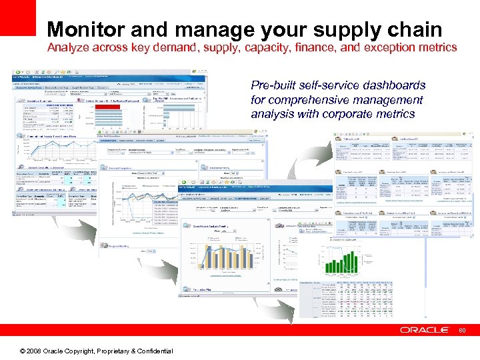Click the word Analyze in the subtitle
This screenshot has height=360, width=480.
(x=70, y=48)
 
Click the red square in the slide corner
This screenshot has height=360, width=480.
(x=17, y=17)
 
